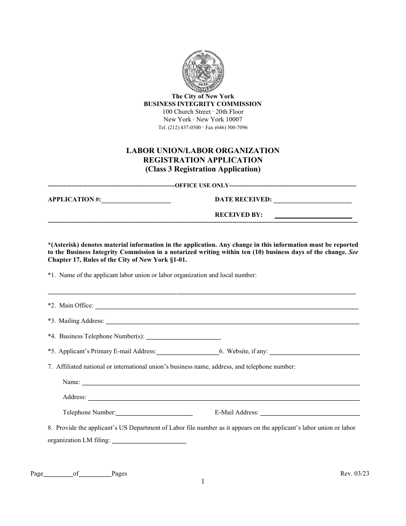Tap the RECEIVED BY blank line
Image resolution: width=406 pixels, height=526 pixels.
(313, 216)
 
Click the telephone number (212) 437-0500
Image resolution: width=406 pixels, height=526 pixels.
(184, 128)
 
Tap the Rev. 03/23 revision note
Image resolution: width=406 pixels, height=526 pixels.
(354, 474)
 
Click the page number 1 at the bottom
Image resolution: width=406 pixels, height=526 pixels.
(203, 482)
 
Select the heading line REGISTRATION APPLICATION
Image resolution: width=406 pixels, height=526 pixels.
(203, 160)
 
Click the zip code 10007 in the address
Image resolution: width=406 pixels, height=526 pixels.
(234, 120)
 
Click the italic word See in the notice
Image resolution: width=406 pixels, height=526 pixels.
(353, 252)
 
